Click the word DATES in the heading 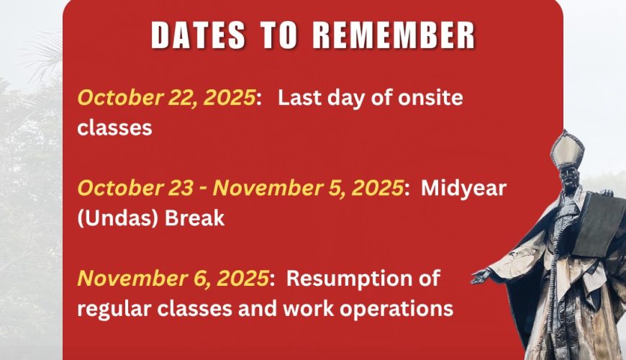pyautogui.click(x=198, y=35)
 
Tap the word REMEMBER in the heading pyautogui.click(x=394, y=35)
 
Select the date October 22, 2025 pyautogui.click(x=166, y=98)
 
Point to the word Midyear pyautogui.click(x=463, y=189)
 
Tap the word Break pyautogui.click(x=194, y=218)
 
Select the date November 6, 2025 pyautogui.click(x=173, y=279)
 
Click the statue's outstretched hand pyautogui.click(x=481, y=275)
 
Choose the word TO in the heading pyautogui.click(x=279, y=35)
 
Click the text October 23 pyautogui.click(x=135, y=188)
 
